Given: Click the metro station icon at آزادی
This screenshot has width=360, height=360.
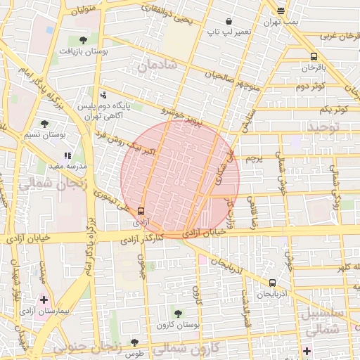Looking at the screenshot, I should (141, 210).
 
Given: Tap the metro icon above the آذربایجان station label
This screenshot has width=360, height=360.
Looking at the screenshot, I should (272, 282).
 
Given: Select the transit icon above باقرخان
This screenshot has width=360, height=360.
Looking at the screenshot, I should (313, 57).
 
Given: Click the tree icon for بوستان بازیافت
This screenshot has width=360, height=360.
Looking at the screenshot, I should (84, 40).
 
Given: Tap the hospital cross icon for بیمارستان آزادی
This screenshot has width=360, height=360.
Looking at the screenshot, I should (44, 300).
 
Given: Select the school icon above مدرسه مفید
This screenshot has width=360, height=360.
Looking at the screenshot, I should (67, 155).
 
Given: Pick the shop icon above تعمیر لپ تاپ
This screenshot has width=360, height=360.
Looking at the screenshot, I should (229, 21).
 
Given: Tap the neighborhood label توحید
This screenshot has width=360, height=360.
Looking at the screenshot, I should (322, 127).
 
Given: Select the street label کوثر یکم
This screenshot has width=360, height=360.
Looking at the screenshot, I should (333, 109).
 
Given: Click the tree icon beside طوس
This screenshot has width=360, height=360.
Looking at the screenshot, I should (134, 343).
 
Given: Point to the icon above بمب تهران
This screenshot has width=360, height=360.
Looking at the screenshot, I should (281, 11).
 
